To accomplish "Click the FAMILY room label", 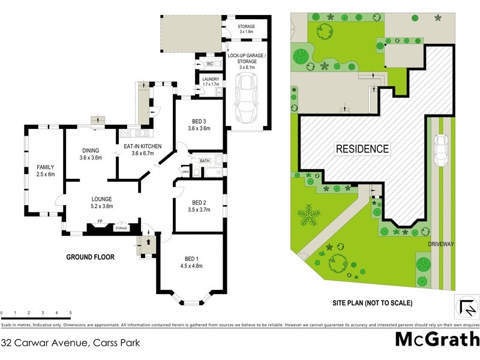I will [46, 171].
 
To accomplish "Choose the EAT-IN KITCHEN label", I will [143, 149].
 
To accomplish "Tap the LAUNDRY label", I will [211, 79].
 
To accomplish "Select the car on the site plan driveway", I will [441, 151].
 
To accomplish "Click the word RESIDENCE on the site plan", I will [362, 149].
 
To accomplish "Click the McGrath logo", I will [436, 340].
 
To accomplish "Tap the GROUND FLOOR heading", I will [90, 257].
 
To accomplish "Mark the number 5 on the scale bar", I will [70, 313].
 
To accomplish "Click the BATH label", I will [205, 161].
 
